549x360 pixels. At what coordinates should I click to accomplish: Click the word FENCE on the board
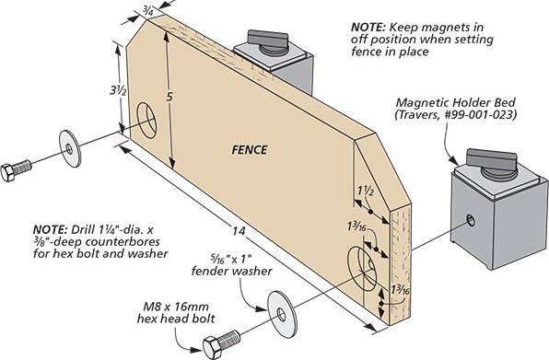coord(250,150)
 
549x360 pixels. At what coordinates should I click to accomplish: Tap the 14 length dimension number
coord(239,231)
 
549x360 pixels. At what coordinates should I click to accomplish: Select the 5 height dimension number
coord(169,97)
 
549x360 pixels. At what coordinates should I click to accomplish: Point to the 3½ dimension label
coord(118,90)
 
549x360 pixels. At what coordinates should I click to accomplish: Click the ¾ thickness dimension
coord(147,12)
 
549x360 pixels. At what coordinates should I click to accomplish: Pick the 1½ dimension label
coord(366,191)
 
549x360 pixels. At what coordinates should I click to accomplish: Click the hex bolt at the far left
coord(16,170)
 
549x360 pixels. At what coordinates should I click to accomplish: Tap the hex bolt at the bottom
coord(221,343)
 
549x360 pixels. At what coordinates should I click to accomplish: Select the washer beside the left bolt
coord(70,148)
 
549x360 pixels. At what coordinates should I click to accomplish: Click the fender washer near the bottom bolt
coord(282,314)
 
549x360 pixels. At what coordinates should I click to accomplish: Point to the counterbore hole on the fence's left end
coord(146,120)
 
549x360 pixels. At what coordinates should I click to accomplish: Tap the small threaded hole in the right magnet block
coord(471,220)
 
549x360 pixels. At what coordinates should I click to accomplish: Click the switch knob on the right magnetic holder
coord(491,164)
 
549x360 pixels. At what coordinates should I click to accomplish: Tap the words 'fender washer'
coord(231,271)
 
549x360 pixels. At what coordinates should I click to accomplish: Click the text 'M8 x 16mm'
coord(176,307)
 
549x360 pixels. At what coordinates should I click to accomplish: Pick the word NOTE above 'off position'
coord(368,27)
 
